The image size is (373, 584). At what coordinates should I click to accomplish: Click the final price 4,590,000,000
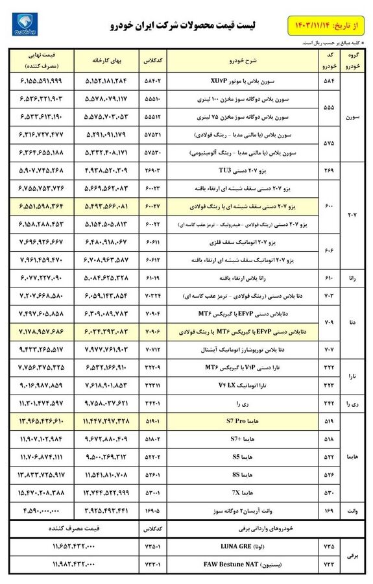(42, 511)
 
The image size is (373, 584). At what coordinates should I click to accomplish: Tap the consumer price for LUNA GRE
(71, 547)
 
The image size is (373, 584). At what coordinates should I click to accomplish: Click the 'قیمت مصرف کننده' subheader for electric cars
(71, 529)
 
